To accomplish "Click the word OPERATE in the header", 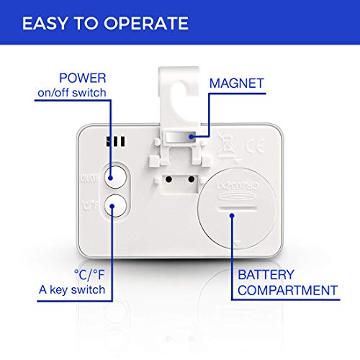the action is click(x=146, y=23).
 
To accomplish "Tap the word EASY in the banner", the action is click(x=45, y=23).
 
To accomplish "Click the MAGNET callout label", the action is click(x=237, y=84).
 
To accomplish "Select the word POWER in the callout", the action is click(x=83, y=78).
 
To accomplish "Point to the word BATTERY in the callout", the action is click(x=266, y=274).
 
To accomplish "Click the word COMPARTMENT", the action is click(x=287, y=290).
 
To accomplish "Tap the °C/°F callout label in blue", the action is click(x=89, y=274).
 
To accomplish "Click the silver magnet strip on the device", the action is click(x=181, y=138).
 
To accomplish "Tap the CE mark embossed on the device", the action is click(x=255, y=146).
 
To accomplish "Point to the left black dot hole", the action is click(x=168, y=179).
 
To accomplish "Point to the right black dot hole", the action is click(x=192, y=179).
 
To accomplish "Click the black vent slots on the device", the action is click(x=116, y=142).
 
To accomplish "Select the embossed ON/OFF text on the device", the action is click(x=89, y=178).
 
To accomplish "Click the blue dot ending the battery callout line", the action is click(x=232, y=215).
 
